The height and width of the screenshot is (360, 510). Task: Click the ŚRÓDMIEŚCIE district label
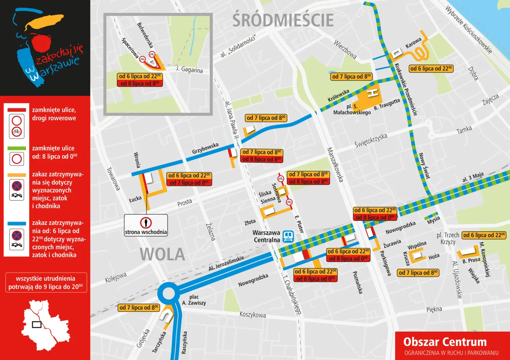coord(283,20)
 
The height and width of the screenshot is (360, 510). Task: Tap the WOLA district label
coord(162,254)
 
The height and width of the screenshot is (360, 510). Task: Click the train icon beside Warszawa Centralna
coord(288,236)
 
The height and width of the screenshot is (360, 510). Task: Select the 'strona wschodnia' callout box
coord(146,225)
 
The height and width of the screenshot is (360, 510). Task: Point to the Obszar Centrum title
coord(445,342)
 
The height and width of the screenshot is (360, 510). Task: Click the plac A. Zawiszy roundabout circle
coord(169,293)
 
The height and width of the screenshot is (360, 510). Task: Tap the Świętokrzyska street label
coord(370,141)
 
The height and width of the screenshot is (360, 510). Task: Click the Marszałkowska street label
coord(335,165)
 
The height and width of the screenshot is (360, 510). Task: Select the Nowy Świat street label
coord(424,166)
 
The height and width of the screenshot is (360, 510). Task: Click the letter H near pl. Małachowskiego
coord(372,94)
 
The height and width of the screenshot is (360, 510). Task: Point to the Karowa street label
coord(413,43)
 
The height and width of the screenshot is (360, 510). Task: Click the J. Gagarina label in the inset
coord(189,69)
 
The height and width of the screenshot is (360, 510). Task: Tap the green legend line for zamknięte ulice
coord(17,149)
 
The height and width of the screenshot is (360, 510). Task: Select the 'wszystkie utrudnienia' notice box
coord(46,282)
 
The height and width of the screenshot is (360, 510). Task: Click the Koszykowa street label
coord(252,314)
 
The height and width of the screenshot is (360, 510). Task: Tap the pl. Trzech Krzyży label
coord(448,238)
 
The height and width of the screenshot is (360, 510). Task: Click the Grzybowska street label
coord(205,148)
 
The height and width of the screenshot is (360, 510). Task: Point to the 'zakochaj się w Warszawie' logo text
coord(58,62)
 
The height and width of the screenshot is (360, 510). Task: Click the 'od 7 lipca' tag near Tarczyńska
coord(139,308)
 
